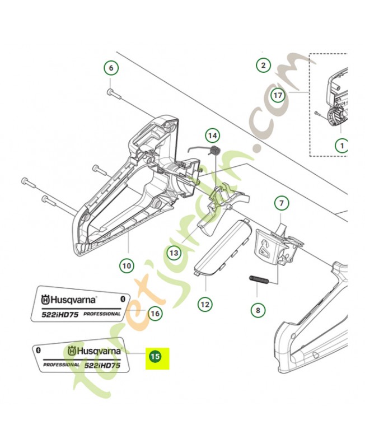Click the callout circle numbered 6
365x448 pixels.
[x=111, y=68]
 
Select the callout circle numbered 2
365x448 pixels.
[x=262, y=66]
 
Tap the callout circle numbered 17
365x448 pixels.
[x=278, y=95]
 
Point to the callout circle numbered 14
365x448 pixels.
[x=212, y=135]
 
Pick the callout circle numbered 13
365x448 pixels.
[x=175, y=253]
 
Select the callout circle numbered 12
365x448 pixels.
[x=205, y=304]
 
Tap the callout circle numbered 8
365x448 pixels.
[x=258, y=309]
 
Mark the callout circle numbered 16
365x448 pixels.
[x=155, y=314]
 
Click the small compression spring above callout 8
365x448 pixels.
[x=260, y=277]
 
